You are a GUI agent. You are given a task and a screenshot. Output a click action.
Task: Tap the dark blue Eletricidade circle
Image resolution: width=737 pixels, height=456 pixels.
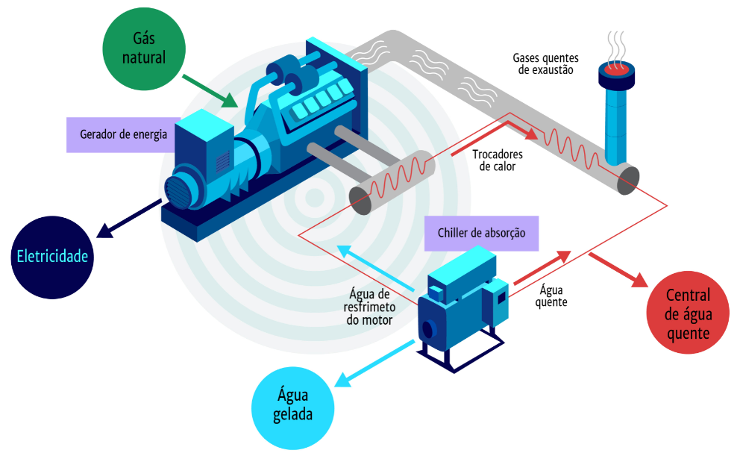click(x=53, y=257)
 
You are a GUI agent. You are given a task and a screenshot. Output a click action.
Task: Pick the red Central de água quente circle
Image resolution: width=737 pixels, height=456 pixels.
click(x=687, y=313)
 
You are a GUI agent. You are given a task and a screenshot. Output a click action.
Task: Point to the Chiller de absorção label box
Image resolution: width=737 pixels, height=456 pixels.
click(x=480, y=234)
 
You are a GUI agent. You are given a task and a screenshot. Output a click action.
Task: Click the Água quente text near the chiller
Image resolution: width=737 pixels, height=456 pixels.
click(x=552, y=296)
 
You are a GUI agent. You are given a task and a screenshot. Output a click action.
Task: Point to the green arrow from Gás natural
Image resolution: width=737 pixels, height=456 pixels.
click(x=210, y=90)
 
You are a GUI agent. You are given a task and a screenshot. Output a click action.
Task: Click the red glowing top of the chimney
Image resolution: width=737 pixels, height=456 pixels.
click(x=617, y=69)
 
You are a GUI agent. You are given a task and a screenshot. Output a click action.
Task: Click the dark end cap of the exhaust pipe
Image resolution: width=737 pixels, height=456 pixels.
click(x=629, y=180)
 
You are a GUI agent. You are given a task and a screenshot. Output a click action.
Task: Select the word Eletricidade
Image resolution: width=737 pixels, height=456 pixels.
click(x=53, y=257)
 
